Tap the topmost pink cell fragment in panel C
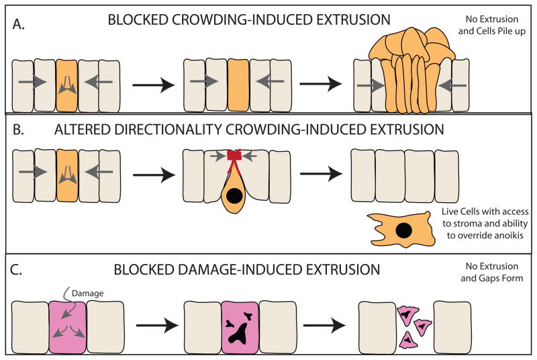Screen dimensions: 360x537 (x=407, y=313)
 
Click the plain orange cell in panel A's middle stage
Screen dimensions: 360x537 (x=238, y=84)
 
